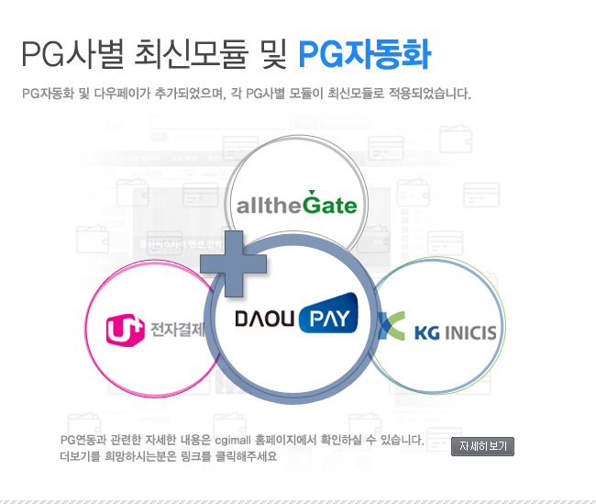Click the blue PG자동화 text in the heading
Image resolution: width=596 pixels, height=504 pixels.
coord(365,54)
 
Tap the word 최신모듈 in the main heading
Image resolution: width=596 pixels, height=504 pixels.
coord(192,54)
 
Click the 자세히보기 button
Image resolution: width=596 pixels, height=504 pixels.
coord(482,446)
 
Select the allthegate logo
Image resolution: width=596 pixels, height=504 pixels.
coord(297,203)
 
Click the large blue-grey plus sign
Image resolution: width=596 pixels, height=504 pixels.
coord(234,263)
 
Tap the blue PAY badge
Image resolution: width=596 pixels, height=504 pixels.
coord(329,314)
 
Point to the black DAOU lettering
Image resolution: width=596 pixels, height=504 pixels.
coord(265,319)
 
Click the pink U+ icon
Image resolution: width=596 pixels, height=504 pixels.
coord(125,330)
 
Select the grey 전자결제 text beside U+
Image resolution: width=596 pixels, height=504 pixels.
coord(178,330)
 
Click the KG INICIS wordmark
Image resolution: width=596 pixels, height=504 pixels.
coord(456,332)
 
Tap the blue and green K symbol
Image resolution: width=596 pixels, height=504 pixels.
coord(392,326)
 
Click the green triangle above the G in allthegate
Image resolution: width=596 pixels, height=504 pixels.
coord(312,192)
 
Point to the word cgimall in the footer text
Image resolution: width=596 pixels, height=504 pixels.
coord(233,441)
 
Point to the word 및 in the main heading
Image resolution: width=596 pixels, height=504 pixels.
coord(273,54)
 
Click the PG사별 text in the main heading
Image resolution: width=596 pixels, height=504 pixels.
coord(72,54)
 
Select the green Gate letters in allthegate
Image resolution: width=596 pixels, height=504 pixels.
coord(330,205)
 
